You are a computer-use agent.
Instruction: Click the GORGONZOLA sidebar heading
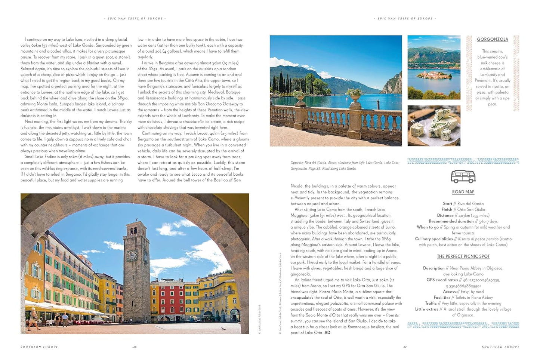(x=493, y=39)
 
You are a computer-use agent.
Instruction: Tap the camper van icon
(x=463, y=176)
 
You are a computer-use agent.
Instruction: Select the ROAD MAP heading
(x=463, y=192)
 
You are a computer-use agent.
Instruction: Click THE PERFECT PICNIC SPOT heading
(x=463, y=256)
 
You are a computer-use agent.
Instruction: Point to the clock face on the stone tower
(x=132, y=256)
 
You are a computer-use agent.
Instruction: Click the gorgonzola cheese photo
(x=433, y=126)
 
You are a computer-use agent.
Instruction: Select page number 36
(x=135, y=347)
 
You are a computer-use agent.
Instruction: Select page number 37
(x=405, y=347)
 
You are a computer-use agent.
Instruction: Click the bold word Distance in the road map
(x=445, y=215)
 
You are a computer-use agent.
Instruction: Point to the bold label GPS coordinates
(x=442, y=280)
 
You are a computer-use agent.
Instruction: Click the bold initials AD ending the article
(x=327, y=333)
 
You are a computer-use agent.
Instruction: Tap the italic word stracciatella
(x=193, y=121)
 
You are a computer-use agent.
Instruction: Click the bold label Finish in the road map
(x=447, y=209)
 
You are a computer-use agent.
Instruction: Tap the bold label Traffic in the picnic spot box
(x=431, y=304)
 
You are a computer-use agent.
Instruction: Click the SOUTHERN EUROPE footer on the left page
(x=39, y=347)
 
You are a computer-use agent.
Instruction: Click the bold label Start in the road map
(x=447, y=204)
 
